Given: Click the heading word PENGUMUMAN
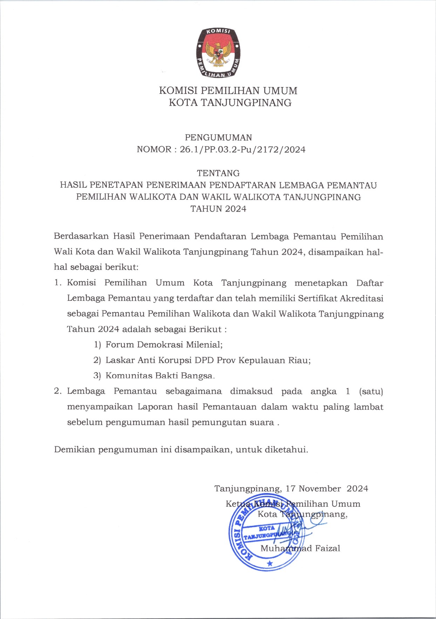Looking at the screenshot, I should click(x=218, y=138).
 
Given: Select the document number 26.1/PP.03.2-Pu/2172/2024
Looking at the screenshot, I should click(x=243, y=150).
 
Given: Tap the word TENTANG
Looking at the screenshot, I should click(x=218, y=173).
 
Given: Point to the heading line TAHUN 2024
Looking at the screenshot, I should click(x=218, y=209).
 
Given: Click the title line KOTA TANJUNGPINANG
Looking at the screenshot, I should click(x=230, y=103).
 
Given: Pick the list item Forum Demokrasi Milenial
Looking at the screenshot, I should click(x=164, y=345).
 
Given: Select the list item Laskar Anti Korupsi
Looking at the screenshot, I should click(x=208, y=360).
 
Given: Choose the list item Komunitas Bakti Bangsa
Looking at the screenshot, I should click(x=160, y=376).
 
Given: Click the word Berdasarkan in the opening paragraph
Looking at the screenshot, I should click(x=81, y=236).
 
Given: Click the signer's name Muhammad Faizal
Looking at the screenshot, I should click(x=300, y=548).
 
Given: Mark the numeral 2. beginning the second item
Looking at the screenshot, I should click(x=58, y=391).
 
